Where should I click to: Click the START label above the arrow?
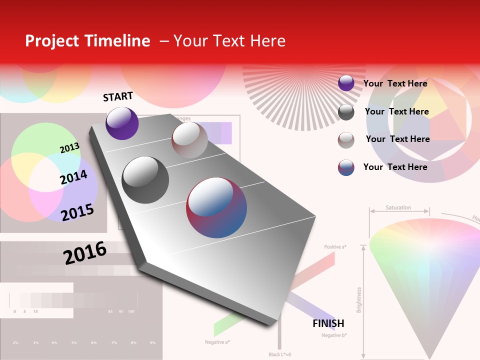point(118,96)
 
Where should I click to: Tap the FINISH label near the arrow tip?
point(328,323)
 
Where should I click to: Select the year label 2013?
point(69,148)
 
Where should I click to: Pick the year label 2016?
point(85,252)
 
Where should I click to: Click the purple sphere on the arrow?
point(122,123)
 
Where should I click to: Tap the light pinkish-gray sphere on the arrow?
point(189,140)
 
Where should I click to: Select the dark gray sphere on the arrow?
point(145,180)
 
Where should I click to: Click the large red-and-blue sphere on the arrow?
point(216,207)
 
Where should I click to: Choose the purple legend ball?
point(346,83)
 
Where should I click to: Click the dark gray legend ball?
point(346,112)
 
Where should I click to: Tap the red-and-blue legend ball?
point(346,167)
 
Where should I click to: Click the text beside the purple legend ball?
point(395,83)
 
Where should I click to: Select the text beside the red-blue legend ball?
point(395,167)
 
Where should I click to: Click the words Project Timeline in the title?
point(87,41)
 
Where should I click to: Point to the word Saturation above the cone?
point(398,207)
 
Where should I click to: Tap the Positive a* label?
point(335,247)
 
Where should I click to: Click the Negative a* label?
point(217,342)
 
